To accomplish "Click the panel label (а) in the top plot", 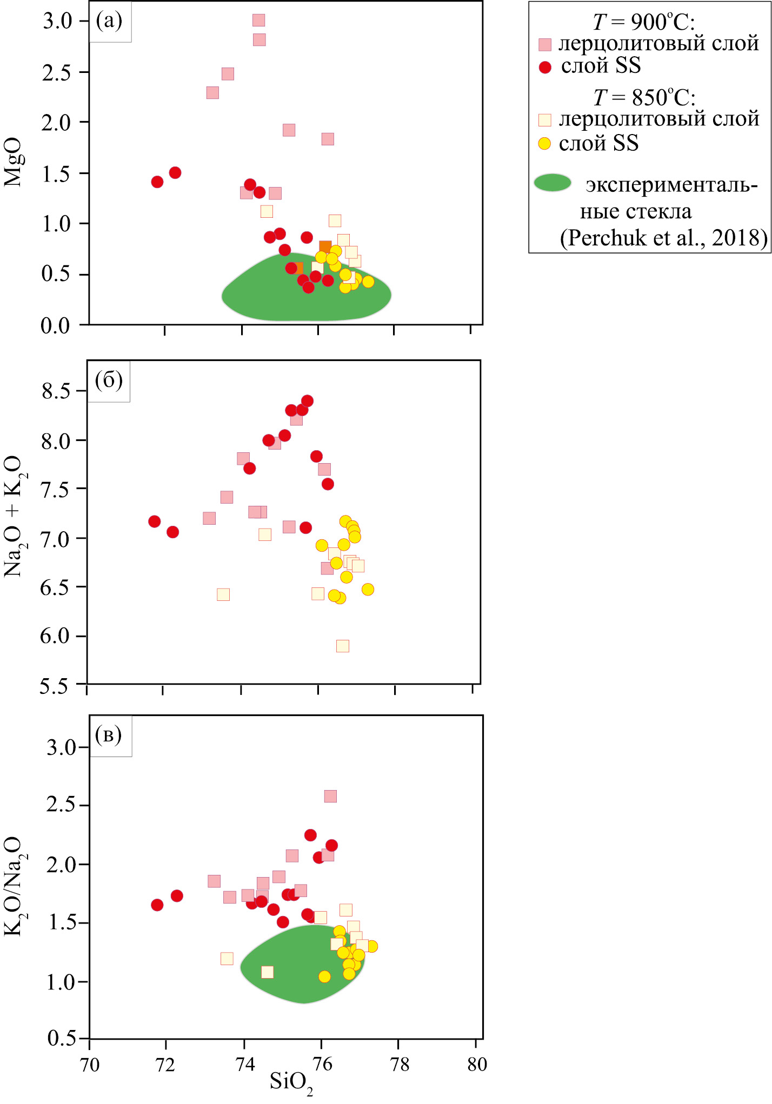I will [x=109, y=21].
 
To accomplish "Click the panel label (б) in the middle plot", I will [x=109, y=380].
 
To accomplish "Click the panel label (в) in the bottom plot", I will [x=109, y=735].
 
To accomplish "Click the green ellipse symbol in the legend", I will [x=553, y=183].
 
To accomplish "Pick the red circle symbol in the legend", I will [x=545, y=67].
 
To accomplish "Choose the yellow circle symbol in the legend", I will [x=544, y=144].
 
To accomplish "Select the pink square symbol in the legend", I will [x=545, y=44].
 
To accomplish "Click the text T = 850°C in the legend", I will [x=644, y=98].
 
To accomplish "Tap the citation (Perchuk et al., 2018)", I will [x=663, y=238].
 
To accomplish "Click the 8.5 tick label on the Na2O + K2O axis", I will [x=56, y=391].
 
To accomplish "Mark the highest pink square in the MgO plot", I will [x=259, y=21].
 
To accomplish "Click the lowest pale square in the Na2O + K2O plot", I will [x=343, y=646].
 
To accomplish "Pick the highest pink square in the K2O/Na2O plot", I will [x=330, y=796].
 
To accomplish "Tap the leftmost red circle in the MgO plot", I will [x=157, y=182].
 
